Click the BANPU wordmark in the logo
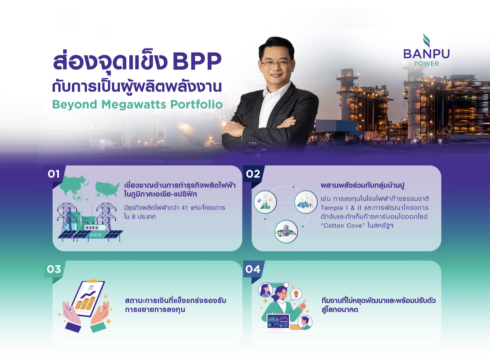click(x=426, y=54)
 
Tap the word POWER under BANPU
click(x=427, y=64)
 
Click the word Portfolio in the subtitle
click(x=196, y=104)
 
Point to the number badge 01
click(x=54, y=174)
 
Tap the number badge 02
click(x=253, y=174)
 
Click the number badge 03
click(x=54, y=269)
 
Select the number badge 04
click(x=253, y=269)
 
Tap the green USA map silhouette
click(x=107, y=189)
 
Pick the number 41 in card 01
click(x=185, y=208)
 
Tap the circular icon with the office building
click(x=286, y=231)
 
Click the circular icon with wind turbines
click(x=306, y=202)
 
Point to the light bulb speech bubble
click(x=296, y=294)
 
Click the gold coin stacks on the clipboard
click(x=85, y=302)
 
